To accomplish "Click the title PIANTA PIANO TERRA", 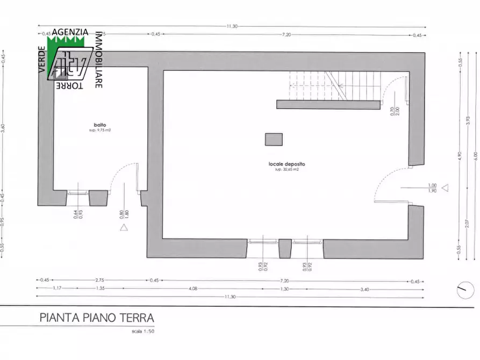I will point(97,318).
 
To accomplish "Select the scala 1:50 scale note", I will point(142,331).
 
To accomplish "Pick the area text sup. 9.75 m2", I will point(100,131).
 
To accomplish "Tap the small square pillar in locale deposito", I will point(274,139).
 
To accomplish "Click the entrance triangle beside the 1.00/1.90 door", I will point(445,188).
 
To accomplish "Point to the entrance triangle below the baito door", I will point(124,227).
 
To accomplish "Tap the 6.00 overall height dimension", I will point(475,155).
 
